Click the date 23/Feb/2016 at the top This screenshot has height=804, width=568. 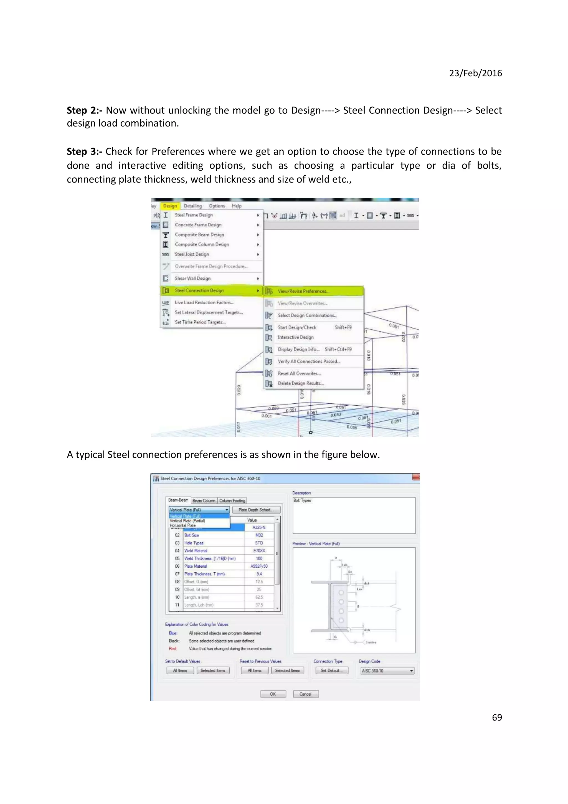pos(475,73)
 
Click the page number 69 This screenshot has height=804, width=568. pos(497,717)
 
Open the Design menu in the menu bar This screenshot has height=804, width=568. pos(170,206)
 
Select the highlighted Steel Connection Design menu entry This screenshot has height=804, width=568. pos(199,290)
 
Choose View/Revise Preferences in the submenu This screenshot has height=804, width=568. pos(303,291)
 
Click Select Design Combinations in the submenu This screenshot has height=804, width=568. pos(307,315)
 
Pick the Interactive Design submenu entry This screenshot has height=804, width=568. pos(295,337)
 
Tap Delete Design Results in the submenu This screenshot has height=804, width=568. pos(300,383)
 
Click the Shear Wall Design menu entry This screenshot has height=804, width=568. pos(192,278)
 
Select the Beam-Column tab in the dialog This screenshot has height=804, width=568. pos(204,500)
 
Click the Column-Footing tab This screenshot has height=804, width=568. pos(232,500)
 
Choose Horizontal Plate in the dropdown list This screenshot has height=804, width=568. pos(183,525)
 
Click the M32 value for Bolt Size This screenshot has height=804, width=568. pos(259,535)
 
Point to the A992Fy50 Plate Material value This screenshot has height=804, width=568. pos(259,566)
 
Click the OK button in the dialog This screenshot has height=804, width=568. pos(273,694)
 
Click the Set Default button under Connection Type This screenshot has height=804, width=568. pos(330,670)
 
